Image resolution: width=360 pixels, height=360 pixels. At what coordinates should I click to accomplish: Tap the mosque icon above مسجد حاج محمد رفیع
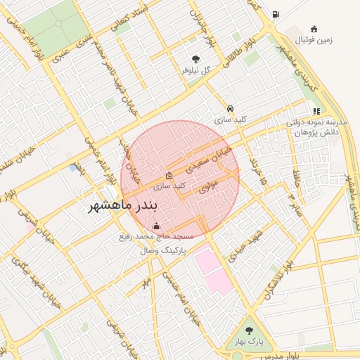point(156,226)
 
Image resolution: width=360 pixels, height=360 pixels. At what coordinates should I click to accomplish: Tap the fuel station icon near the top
point(275,14)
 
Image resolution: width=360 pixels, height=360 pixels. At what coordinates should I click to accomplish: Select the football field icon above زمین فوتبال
point(314,29)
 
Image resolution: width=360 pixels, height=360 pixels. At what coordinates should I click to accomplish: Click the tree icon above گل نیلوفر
point(195,59)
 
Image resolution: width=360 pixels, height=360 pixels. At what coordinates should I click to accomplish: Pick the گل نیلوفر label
point(195,70)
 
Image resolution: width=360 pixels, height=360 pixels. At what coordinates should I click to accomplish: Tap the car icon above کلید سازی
point(231,109)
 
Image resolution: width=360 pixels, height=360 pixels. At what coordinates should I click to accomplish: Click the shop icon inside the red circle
point(168,175)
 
